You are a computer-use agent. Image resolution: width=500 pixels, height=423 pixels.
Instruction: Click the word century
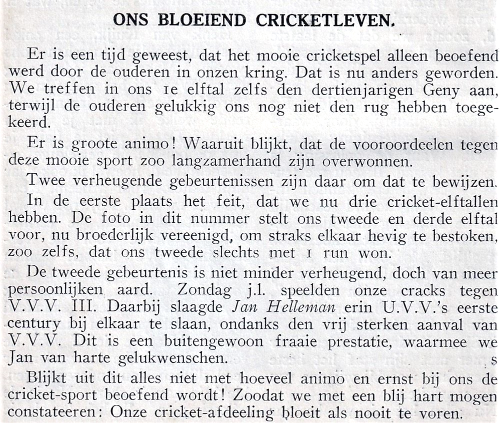tap(33, 324)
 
